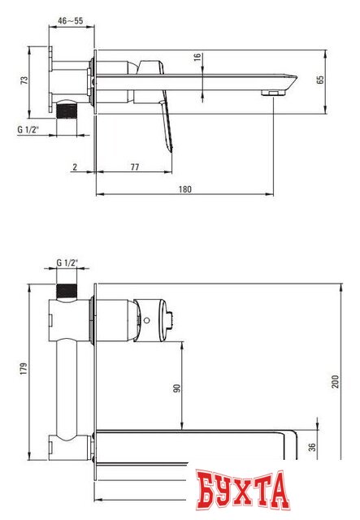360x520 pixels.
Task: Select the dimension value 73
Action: (x=24, y=80)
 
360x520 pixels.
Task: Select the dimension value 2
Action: (x=75, y=166)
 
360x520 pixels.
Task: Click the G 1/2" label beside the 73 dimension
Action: (x=30, y=129)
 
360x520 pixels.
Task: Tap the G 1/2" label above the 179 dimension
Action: (x=67, y=262)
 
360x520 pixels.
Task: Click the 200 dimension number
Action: (x=334, y=381)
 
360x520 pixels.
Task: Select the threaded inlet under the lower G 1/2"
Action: (x=66, y=290)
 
